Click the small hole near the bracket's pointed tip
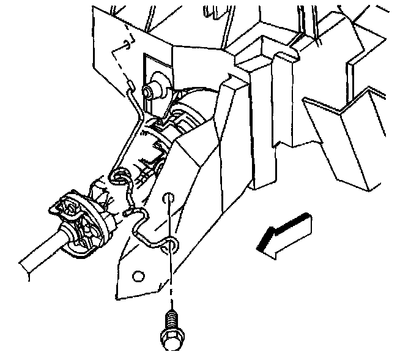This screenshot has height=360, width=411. tap(138, 276)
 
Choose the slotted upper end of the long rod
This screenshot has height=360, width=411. tap(130, 86)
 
